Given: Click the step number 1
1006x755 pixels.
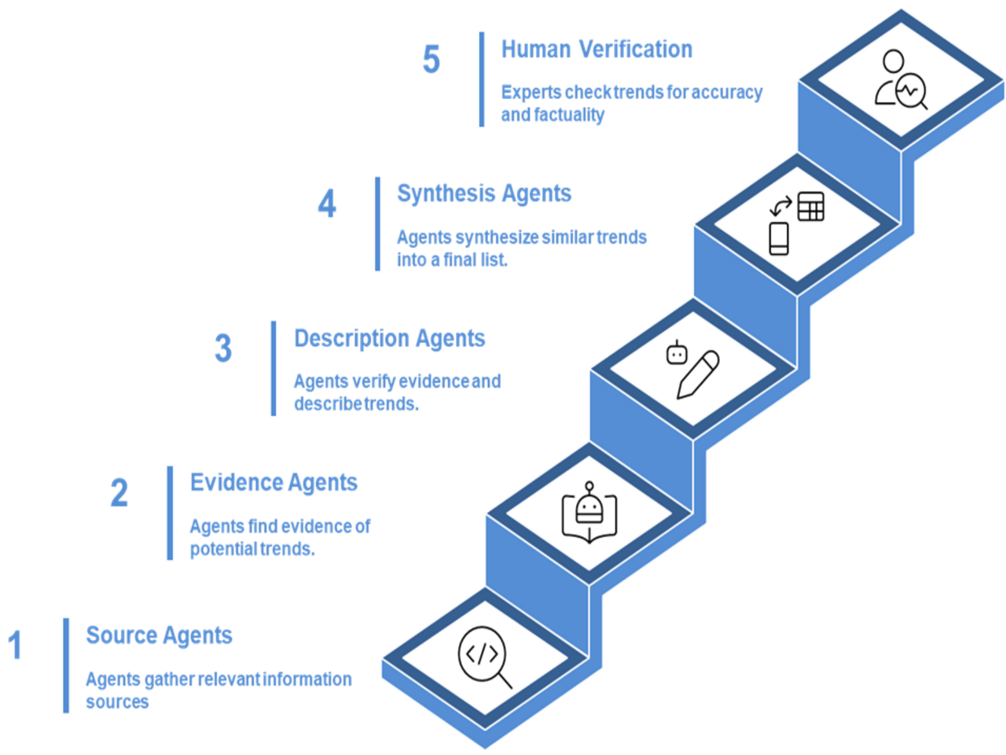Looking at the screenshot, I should coord(14,645).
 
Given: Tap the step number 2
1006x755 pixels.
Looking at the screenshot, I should coord(119,493).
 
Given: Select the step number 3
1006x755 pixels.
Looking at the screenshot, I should coord(223,348).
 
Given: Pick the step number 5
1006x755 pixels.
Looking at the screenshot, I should coord(431,59).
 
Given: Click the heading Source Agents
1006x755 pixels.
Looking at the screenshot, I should coord(159,635).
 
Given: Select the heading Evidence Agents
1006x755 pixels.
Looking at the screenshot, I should coord(274,482).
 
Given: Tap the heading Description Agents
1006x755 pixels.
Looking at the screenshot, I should coord(389,338).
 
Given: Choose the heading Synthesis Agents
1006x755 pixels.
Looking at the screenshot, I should coord(484,193).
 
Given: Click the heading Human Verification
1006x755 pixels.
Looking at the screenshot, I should coord(597,49).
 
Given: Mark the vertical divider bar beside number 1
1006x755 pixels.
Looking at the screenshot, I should coord(66,665).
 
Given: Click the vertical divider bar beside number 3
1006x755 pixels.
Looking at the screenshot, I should coord(274,368).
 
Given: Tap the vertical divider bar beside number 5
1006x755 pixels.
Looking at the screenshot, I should coord(482,79).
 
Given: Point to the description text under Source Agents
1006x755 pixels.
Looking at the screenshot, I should coord(218,690).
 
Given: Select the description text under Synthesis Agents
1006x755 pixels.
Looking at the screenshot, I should coord(521,248).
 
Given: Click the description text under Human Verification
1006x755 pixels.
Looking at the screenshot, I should coord(631,103).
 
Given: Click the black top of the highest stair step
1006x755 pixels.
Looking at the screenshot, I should coord(901,79).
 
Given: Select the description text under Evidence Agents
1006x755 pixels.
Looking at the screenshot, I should coord(280,537).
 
